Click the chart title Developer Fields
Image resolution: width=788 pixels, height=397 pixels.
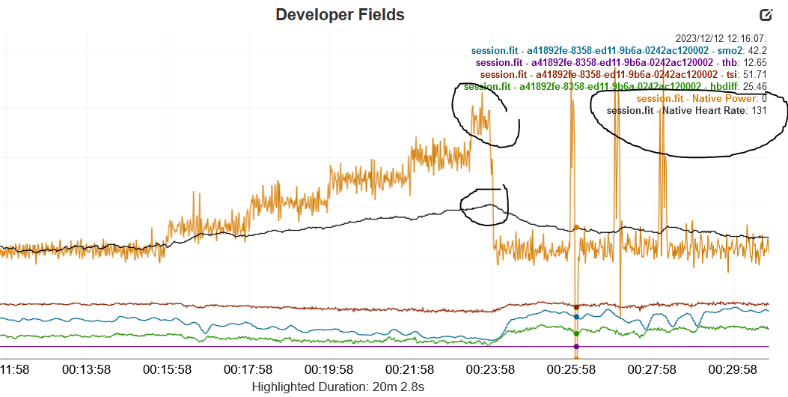pos(340,14)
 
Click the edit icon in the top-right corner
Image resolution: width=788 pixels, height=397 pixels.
pos(766,14)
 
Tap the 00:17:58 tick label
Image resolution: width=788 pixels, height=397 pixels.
pos(248,369)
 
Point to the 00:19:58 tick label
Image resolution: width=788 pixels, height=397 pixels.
pos(329,369)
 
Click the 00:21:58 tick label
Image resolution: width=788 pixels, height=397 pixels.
pos(409,369)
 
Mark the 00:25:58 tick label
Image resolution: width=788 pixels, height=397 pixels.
pos(570,369)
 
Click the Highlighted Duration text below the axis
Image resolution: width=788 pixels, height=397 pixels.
pos(338,387)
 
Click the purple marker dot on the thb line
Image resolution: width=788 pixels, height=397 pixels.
pos(575,347)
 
